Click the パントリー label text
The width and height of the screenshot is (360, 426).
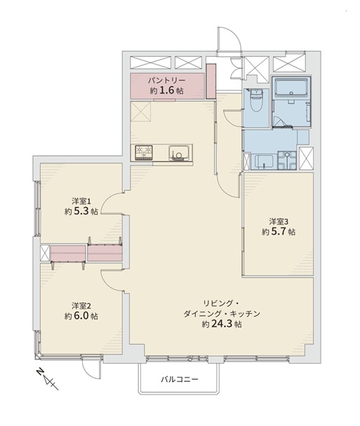click(166, 81)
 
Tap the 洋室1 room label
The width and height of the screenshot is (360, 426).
click(81, 201)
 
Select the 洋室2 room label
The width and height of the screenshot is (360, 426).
click(81, 306)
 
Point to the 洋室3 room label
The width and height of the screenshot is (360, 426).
click(279, 222)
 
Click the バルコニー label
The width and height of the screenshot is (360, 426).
click(180, 379)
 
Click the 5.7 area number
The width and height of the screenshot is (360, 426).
click(279, 232)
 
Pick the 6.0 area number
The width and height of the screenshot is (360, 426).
click(81, 317)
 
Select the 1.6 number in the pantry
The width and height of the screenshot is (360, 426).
click(166, 91)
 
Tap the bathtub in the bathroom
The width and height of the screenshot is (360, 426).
click(291, 87)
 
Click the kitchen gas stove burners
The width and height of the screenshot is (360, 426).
click(142, 152)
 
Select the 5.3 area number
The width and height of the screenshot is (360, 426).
click(81, 212)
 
